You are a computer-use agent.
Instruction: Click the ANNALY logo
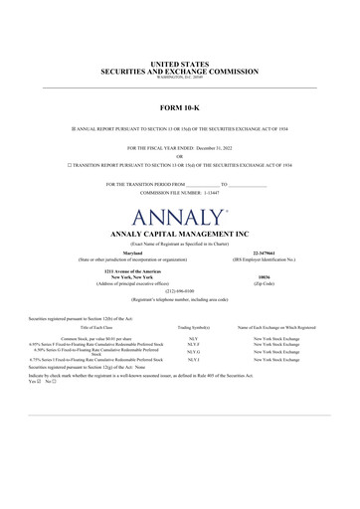coord(179,216)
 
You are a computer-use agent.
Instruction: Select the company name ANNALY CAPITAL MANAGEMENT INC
coord(179,234)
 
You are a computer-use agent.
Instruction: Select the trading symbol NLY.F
coord(193,345)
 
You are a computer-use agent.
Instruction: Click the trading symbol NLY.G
coord(193,352)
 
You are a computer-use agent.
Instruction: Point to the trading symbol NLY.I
coord(193,360)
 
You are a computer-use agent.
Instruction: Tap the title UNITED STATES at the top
coord(179,64)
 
